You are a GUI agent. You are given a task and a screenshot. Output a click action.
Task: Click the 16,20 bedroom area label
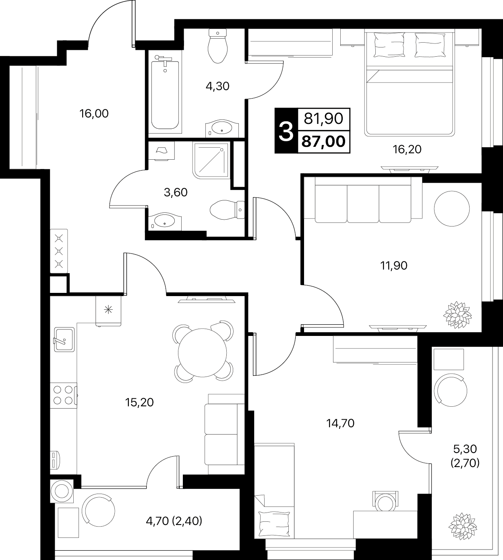pos(407,150)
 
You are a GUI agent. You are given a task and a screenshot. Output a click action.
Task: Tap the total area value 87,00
pos(323,142)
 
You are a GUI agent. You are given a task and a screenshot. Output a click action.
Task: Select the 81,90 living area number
pos(323,119)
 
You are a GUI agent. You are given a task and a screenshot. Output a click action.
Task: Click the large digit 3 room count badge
pos(286,132)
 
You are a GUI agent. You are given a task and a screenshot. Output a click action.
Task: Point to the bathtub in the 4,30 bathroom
pos(165,94)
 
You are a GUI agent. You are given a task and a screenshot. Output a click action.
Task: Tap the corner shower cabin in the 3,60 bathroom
pos(211,160)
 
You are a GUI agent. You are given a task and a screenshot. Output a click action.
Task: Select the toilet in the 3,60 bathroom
pos(227,210)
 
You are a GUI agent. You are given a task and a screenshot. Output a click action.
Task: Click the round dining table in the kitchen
pos(203,353)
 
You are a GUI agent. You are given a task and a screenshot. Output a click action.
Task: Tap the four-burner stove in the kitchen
pos(64,395)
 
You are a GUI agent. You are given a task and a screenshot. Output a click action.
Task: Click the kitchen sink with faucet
pos(64,340)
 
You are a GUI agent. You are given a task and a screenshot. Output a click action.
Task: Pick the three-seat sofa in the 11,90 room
pos(363,200)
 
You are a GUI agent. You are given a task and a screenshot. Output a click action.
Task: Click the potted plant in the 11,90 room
pos(457,315)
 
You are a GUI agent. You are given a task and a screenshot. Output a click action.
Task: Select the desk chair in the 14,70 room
pos(385,501)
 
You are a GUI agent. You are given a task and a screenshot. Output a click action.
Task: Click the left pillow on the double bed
pos(389,45)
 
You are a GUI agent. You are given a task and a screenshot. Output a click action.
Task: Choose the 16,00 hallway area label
pos(94,113)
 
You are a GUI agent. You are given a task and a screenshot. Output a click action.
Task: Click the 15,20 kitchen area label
pos(139,402)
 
